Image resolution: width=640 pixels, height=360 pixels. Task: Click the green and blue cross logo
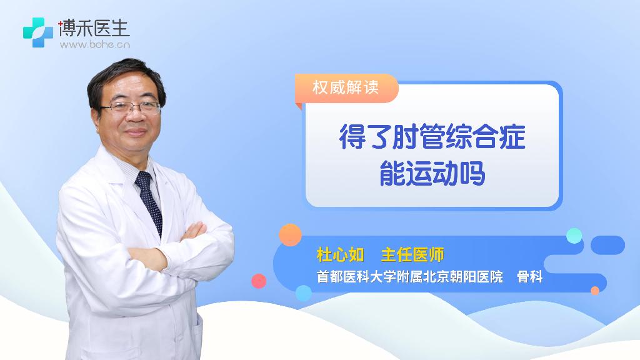coord(38,32)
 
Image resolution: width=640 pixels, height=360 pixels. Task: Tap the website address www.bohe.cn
coord(95,44)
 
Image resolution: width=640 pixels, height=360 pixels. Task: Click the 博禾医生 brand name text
coord(94,28)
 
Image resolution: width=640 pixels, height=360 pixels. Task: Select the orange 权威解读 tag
coord(346,87)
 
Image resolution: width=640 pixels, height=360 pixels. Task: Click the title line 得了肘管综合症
coord(432,136)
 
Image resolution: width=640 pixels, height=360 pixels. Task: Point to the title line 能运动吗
coord(432,173)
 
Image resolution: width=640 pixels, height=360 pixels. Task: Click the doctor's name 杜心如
coord(340,255)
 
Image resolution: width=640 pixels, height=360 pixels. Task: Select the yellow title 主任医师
coord(412,255)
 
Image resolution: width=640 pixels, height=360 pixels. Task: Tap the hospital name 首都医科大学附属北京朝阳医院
coord(410,277)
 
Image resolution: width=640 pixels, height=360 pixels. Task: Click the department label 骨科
coord(530,277)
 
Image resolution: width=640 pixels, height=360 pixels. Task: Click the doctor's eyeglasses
coord(131,107)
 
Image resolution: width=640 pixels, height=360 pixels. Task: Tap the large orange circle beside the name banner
coord(290,235)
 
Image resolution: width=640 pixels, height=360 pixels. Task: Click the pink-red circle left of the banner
coord(259,281)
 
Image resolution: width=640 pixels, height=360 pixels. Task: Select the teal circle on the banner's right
coord(574,236)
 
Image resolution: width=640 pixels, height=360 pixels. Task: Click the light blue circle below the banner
coord(303,293)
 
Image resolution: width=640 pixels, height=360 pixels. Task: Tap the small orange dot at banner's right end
coord(595,291)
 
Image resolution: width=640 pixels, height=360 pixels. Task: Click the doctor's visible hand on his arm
coord(194,231)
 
